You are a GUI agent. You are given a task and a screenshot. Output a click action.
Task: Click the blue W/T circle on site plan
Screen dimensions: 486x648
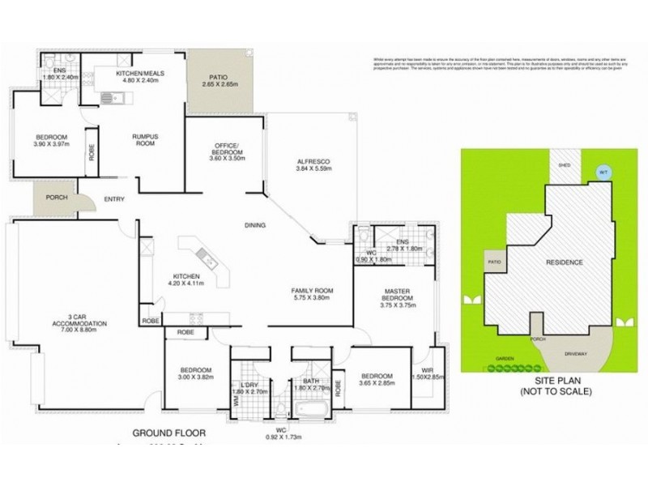[x=602, y=171]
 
